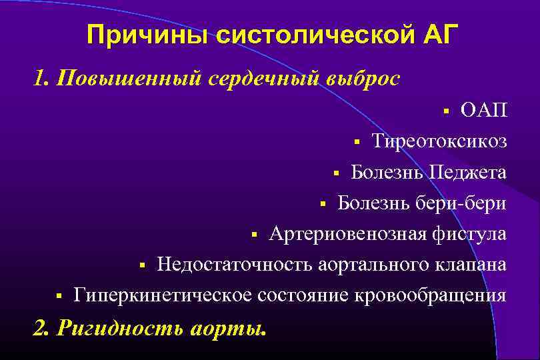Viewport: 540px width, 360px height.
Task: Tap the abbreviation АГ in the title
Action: [440, 35]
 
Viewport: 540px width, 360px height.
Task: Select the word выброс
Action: [363, 79]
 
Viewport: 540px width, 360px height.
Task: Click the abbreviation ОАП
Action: [484, 110]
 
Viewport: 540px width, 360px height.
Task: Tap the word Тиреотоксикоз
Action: [439, 141]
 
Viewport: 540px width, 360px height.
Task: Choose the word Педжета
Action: [467, 172]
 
